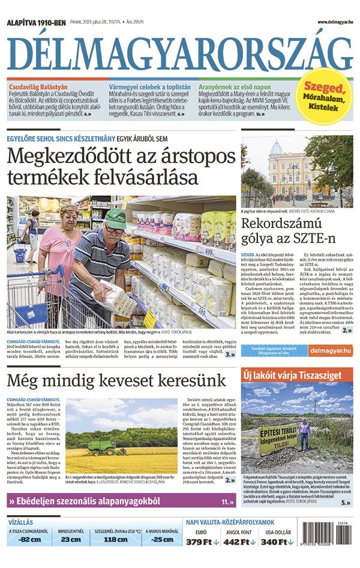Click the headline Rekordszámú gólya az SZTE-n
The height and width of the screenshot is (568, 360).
click(288, 232)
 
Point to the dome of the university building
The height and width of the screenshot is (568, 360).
click(276, 148)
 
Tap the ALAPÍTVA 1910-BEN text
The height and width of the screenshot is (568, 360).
click(36, 22)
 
